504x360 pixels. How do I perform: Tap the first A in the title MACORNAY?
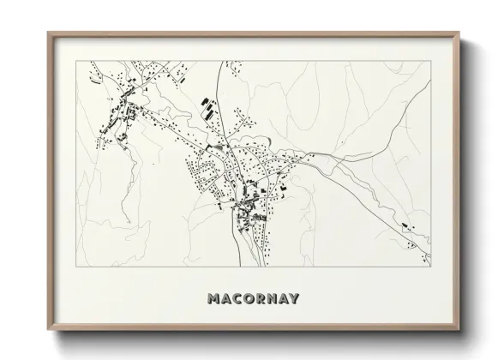(226, 299)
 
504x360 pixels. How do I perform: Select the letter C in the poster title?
(238, 299)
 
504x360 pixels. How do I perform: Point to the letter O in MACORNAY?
(250, 299)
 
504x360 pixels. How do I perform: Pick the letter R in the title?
(262, 299)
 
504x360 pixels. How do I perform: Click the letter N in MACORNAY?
(274, 299)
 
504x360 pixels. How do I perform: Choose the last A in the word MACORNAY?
(286, 299)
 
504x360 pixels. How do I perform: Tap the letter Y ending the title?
(297, 299)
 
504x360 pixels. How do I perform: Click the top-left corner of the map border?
(77, 62)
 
